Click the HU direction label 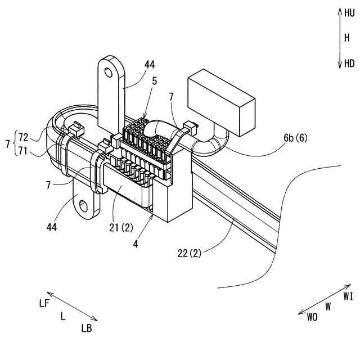tap(349, 12)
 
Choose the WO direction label tap(312, 317)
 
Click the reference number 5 tap(154, 80)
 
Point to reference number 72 tap(23, 137)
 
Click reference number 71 tap(23, 151)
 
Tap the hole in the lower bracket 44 tap(84, 206)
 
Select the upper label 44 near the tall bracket tap(149, 65)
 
